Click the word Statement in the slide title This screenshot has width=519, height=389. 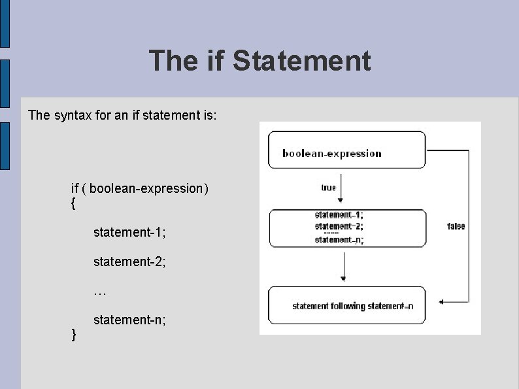coord(301,61)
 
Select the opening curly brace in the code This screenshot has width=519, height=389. coord(73,203)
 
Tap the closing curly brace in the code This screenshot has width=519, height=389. coord(73,335)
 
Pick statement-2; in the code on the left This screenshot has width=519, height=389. coord(129,262)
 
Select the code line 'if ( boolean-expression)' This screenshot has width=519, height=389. coord(140,188)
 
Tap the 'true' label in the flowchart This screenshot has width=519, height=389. coord(329,188)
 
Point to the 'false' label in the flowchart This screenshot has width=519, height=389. coord(456,226)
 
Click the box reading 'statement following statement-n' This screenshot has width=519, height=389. coord(346,305)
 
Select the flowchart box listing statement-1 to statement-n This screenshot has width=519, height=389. coord(346,228)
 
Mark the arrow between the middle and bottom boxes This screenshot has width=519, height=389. coord(344,267)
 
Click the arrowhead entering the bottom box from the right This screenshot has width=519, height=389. coord(443,302)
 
